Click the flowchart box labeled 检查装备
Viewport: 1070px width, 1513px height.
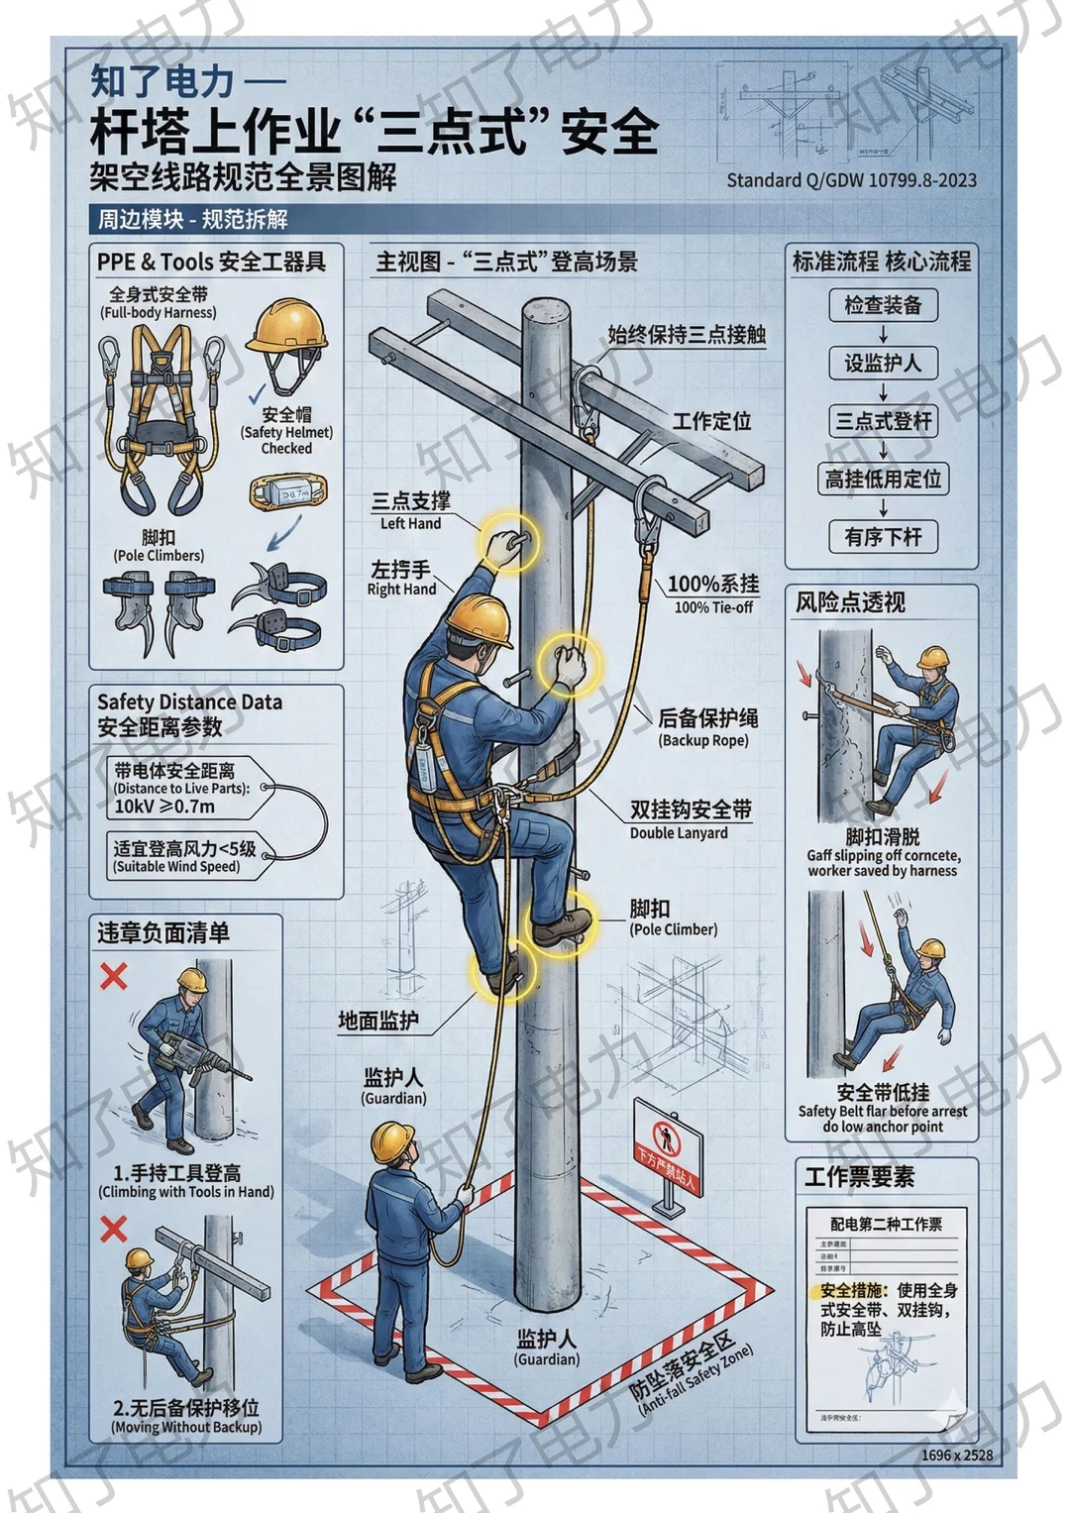[883, 305]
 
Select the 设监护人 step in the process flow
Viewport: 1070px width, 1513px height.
[883, 364]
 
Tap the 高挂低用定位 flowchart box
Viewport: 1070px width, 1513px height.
[883, 480]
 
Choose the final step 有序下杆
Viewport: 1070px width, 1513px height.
[883, 537]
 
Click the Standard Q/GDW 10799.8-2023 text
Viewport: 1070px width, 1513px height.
[851, 180]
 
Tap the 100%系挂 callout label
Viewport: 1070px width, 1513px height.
[712, 585]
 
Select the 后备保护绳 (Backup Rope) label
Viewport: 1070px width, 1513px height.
[707, 718]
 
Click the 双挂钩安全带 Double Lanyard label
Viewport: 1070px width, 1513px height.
[691, 811]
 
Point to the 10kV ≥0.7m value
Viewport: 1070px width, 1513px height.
[164, 807]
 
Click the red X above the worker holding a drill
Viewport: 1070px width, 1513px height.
[114, 976]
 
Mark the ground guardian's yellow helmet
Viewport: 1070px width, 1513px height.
[392, 1142]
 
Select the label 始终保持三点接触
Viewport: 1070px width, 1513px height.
[687, 335]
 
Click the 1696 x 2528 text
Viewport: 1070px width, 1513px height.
[956, 1456]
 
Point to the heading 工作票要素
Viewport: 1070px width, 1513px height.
[859, 1177]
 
